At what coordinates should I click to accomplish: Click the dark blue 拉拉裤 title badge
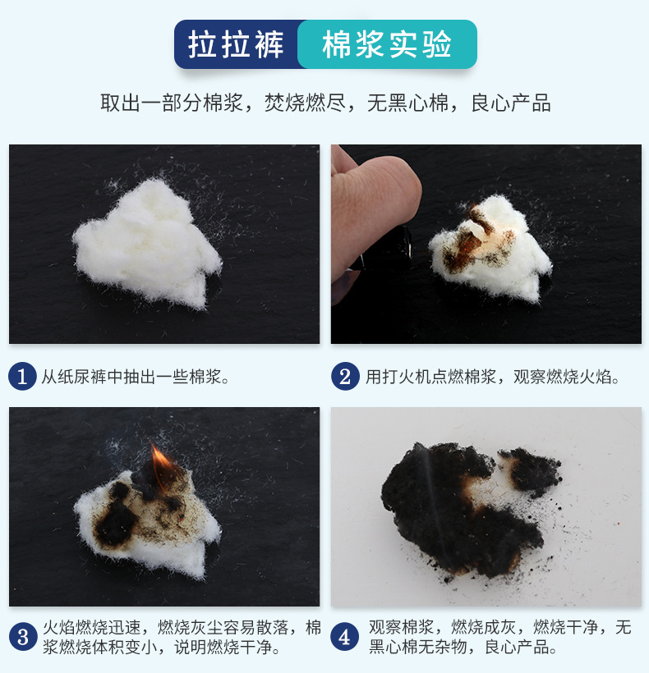click(237, 44)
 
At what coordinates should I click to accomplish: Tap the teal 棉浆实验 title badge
click(387, 44)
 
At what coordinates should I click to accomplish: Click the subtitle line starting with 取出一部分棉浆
click(325, 103)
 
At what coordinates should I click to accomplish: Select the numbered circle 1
click(22, 377)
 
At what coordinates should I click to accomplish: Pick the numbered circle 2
click(345, 377)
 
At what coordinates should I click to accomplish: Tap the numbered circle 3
click(23, 637)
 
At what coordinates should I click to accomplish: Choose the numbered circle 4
click(345, 637)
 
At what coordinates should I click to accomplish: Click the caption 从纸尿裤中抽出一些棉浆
click(136, 377)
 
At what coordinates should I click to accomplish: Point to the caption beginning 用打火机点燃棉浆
click(493, 377)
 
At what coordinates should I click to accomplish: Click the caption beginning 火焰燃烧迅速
click(182, 637)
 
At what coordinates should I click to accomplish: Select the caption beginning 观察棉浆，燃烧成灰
click(499, 637)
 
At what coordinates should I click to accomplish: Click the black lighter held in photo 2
click(387, 248)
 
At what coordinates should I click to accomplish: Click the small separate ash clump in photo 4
click(531, 470)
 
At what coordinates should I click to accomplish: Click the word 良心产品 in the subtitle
click(511, 103)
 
